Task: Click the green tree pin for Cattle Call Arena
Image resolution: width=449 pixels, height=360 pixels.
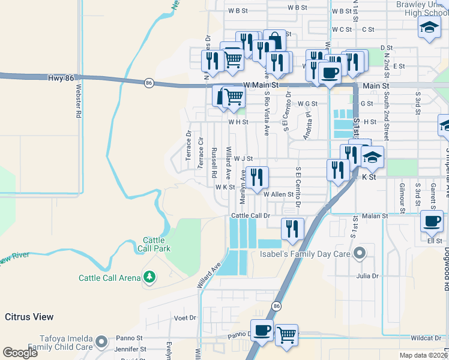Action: (149, 277)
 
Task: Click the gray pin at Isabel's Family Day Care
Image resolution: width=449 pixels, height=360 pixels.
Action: (360, 253)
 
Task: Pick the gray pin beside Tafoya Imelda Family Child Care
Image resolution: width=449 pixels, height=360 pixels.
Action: (102, 342)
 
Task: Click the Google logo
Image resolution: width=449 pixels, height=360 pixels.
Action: (20, 353)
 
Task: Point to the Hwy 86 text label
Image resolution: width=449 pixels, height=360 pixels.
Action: (63, 79)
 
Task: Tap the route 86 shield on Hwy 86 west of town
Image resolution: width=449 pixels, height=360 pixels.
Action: (148, 82)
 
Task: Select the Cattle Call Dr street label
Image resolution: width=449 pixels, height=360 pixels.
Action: (252, 215)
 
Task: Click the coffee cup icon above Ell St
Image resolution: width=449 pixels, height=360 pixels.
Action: (432, 220)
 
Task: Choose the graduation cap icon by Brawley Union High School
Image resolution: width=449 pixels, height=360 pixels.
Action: (429, 27)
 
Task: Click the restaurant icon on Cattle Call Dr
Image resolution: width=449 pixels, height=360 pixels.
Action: (292, 228)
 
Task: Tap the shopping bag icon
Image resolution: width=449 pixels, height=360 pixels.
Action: (274, 40)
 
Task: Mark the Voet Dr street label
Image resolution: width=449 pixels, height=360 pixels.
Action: (185, 318)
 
